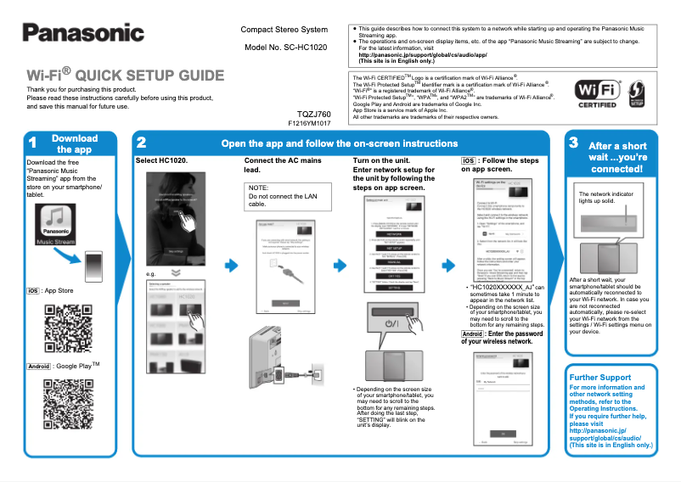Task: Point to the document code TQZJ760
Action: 313,114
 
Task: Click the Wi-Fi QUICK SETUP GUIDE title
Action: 125,75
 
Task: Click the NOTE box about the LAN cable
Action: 283,197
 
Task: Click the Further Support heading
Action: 600,377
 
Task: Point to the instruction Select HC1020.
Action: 161,160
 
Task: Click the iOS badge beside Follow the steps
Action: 468,160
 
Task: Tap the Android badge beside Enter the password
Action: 473,333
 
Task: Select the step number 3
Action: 574,143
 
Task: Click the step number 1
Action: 31,143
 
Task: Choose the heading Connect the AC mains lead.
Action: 283,165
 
